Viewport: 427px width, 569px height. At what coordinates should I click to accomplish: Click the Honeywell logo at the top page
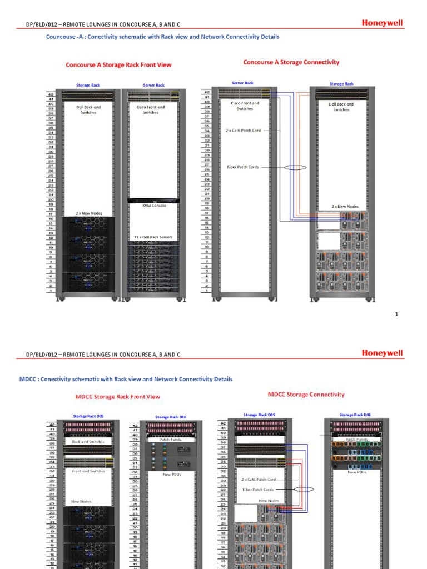pyautogui.click(x=383, y=23)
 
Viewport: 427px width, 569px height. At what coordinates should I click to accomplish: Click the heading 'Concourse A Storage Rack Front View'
pyautogui.click(x=118, y=65)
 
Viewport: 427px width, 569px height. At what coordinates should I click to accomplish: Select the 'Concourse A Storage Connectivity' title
pyautogui.click(x=291, y=62)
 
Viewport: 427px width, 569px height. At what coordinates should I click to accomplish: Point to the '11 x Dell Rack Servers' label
pyautogui.click(x=153, y=237)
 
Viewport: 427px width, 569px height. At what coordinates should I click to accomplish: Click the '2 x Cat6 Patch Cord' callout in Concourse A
pyautogui.click(x=243, y=131)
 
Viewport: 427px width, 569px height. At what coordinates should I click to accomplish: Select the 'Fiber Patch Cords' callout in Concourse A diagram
pyautogui.click(x=243, y=167)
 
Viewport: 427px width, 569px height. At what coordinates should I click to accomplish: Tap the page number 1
pyautogui.click(x=397, y=315)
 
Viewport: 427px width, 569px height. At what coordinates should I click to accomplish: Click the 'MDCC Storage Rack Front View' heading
pyautogui.click(x=117, y=397)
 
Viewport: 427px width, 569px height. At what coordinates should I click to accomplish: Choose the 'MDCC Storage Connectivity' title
pyautogui.click(x=306, y=395)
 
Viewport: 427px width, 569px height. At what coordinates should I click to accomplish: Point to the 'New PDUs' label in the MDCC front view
pyautogui.click(x=171, y=474)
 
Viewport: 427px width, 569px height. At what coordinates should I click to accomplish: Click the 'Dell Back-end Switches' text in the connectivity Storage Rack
pyautogui.click(x=341, y=106)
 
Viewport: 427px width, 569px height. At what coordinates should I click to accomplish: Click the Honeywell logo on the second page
pyautogui.click(x=383, y=353)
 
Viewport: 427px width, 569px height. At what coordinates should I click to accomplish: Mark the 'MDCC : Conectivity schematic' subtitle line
pyautogui.click(x=126, y=380)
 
